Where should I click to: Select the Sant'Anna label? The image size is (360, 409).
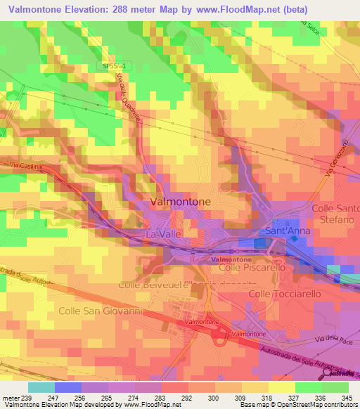tap(283, 231)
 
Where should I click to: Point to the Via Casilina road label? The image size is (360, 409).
tap(26, 166)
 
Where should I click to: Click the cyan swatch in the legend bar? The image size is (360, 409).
tap(41, 387)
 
